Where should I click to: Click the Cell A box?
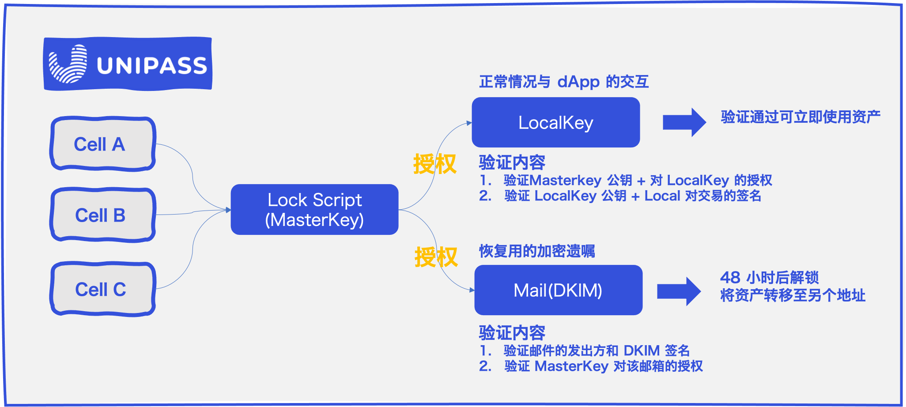click(x=102, y=144)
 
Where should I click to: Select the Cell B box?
click(x=102, y=215)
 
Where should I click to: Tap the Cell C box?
click(x=102, y=289)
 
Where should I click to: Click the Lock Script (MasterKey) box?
click(x=314, y=210)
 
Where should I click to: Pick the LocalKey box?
click(x=555, y=122)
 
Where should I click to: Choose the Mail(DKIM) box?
click(x=558, y=290)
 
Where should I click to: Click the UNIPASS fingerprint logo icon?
click(x=68, y=64)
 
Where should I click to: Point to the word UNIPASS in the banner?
click(x=151, y=66)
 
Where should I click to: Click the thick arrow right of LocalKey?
click(x=684, y=122)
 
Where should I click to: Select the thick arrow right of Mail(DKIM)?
click(x=679, y=291)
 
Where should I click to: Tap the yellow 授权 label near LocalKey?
click(x=434, y=164)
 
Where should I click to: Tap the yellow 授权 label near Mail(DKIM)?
click(x=436, y=257)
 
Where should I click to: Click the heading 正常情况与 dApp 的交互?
click(x=564, y=82)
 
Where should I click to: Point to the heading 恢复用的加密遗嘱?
click(x=537, y=251)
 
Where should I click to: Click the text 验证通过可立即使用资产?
click(x=800, y=117)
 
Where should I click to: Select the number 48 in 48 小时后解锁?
click(x=730, y=278)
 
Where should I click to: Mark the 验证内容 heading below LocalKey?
click(x=512, y=162)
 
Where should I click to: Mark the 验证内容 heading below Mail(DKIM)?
click(x=512, y=332)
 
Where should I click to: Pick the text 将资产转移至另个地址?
click(x=793, y=295)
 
